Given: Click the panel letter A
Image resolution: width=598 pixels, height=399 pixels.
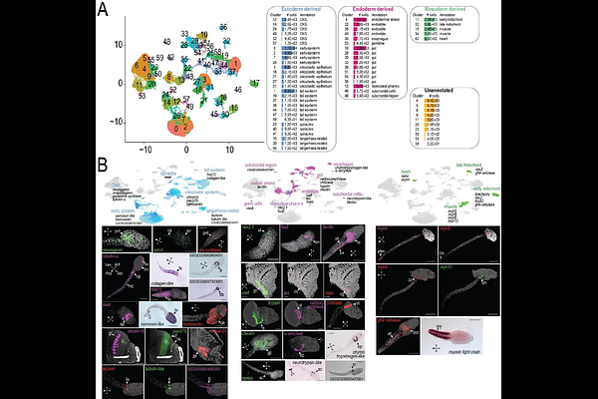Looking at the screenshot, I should tap(102, 11).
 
